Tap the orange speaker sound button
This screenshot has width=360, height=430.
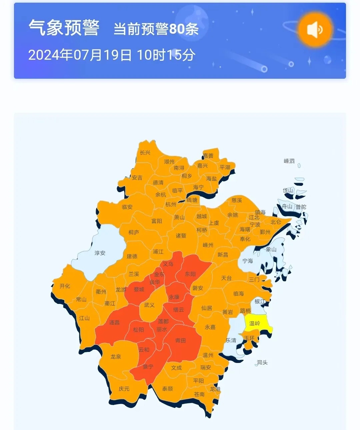315,30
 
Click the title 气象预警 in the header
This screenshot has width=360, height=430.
64,28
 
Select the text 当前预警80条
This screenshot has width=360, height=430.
156,29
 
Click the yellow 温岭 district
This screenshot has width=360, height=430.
255,323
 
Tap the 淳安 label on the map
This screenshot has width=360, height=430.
100,253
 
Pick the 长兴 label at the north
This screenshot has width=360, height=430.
145,152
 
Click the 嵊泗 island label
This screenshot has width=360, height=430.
289,161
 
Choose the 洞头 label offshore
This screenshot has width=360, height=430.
262,362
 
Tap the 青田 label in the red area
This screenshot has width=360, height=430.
180,340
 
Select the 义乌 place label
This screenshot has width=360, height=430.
168,264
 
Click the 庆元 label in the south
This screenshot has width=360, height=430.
124,389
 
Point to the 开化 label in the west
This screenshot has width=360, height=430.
65,286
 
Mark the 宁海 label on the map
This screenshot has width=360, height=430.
247,261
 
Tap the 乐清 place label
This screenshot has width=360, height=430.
231,340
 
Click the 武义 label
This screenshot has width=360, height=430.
149,305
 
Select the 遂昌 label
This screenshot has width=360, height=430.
114,322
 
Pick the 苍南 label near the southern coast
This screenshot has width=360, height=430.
199,394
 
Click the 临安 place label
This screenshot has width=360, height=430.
127,207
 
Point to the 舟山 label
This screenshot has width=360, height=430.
287,206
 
